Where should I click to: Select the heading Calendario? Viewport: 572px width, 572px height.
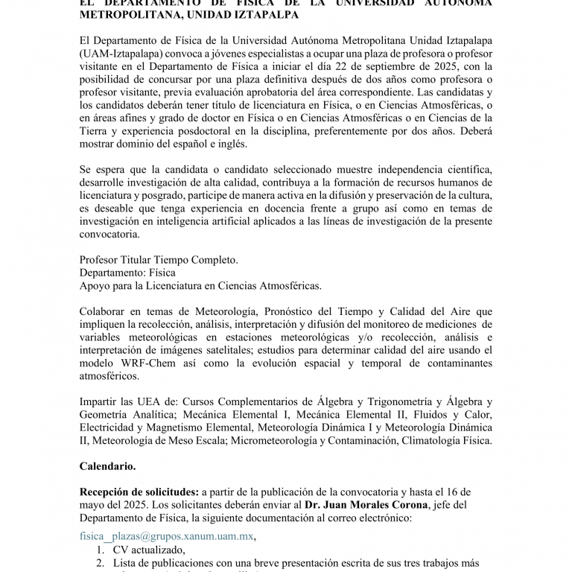tap(108, 466)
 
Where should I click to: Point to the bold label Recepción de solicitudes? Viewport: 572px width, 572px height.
tap(139, 492)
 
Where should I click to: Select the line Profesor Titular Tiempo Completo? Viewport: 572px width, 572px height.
tap(159, 259)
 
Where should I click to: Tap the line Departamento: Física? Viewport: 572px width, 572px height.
tap(127, 273)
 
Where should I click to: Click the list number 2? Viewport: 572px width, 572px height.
tap(101, 563)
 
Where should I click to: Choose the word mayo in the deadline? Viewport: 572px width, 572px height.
tap(95, 506)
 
